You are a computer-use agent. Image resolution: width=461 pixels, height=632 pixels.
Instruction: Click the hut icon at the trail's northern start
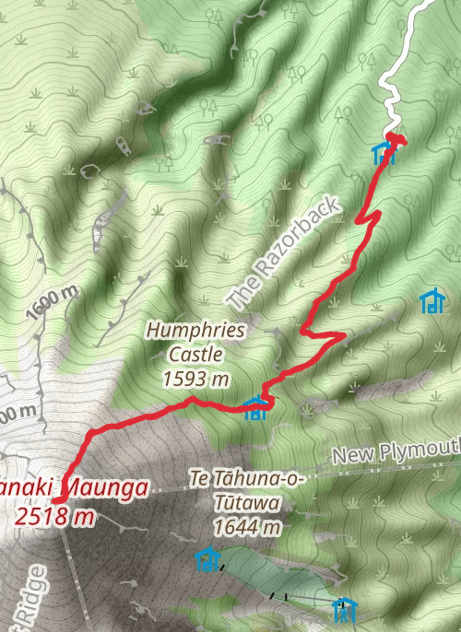(384, 152)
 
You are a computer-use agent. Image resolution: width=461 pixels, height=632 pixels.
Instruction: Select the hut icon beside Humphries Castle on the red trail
(256, 408)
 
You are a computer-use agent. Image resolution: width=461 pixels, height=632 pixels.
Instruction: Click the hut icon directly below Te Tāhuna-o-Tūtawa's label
(207, 558)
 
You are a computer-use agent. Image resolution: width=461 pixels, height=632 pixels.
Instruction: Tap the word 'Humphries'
(195, 330)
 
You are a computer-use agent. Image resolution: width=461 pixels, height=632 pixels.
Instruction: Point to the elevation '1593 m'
(195, 378)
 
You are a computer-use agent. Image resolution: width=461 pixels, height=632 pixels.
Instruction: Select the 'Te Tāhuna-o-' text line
(246, 480)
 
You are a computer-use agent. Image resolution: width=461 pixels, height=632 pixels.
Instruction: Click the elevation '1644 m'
(246, 527)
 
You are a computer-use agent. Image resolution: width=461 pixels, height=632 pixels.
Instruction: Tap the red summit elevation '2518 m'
(55, 516)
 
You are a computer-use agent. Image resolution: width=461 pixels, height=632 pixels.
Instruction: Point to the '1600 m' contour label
(53, 303)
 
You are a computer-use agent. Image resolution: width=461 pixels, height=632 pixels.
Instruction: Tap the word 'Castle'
(195, 354)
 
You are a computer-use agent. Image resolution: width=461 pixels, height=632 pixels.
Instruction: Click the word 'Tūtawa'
(242, 504)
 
